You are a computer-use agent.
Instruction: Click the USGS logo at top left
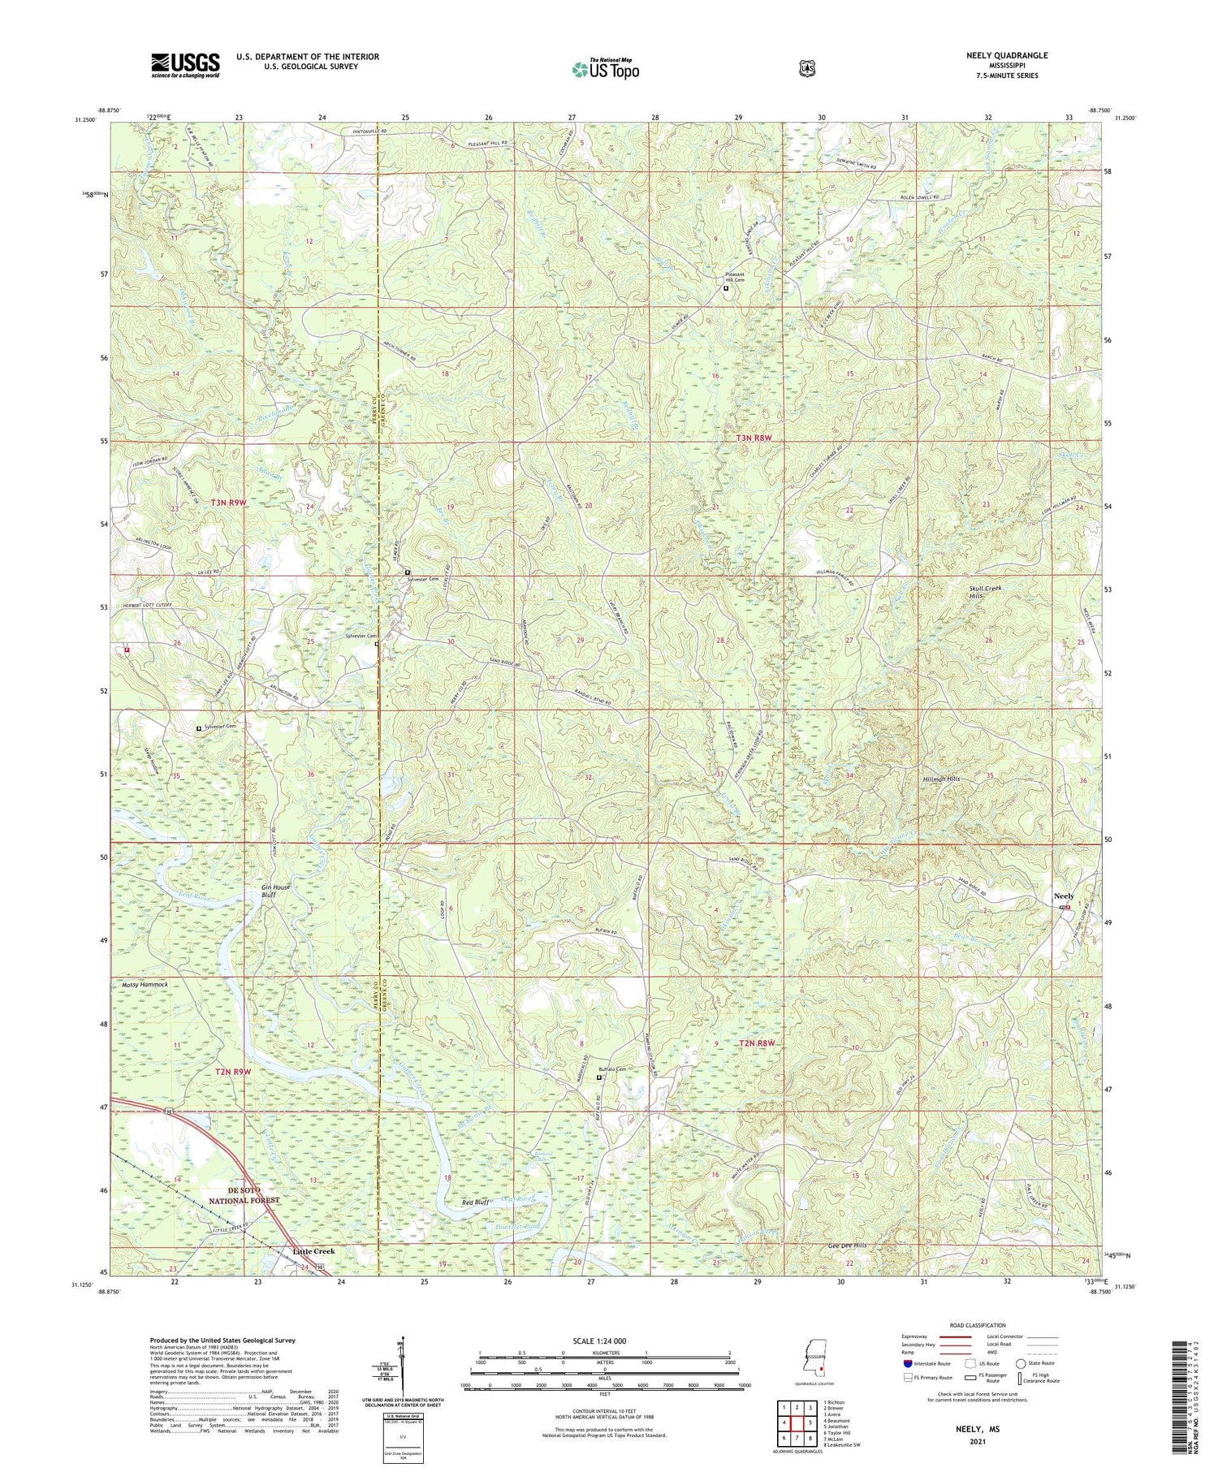185,65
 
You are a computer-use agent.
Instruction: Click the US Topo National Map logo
606,69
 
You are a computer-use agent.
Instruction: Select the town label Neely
1063,896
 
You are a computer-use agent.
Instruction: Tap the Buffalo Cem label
613,1069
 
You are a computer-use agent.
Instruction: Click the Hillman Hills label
941,779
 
